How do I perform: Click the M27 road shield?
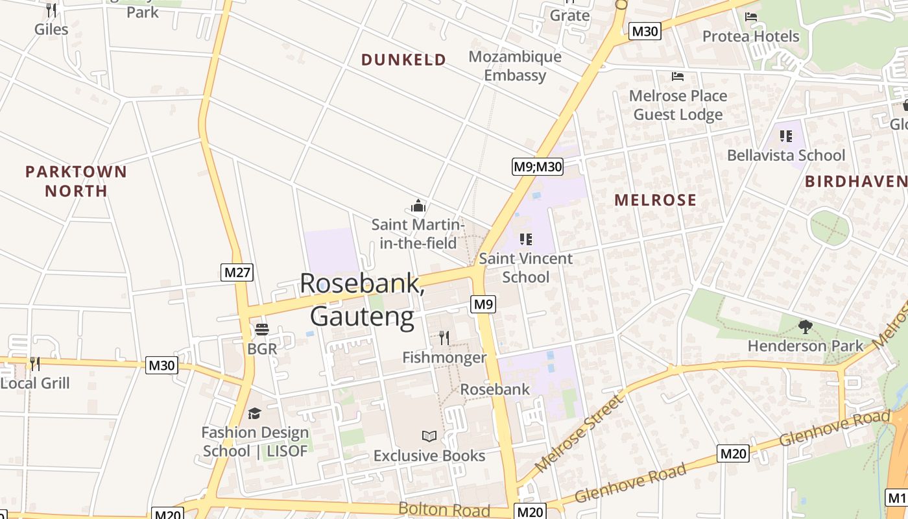click(237, 272)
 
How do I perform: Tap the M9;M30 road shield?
click(538, 167)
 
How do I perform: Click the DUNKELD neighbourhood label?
click(403, 60)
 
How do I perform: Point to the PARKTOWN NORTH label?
click(76, 181)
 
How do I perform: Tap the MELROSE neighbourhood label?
click(655, 200)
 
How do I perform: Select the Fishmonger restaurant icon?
click(444, 337)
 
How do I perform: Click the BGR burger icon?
click(262, 330)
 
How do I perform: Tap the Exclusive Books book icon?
click(429, 436)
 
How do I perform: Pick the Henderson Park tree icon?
click(806, 327)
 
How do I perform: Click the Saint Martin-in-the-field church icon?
click(418, 206)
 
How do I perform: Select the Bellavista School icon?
click(786, 136)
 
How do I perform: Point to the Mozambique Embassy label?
click(515, 66)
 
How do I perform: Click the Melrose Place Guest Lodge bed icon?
click(678, 77)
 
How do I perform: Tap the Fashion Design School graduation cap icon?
click(255, 413)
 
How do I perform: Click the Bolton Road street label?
click(444, 509)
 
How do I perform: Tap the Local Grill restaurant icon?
click(34, 363)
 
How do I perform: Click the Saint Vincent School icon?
click(526, 239)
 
